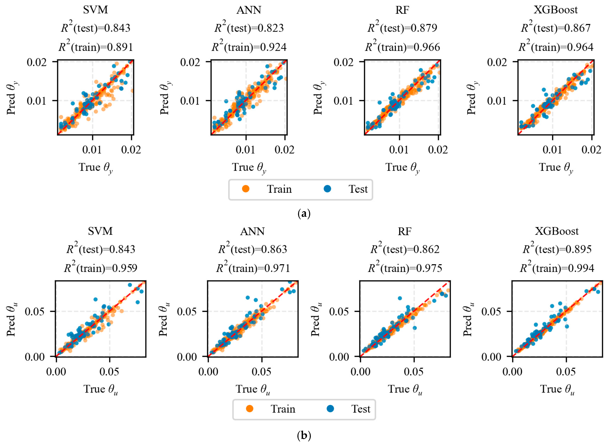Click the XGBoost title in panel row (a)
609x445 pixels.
click(x=556, y=10)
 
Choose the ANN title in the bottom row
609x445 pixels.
click(x=252, y=231)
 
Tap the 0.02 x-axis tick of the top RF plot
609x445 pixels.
click(x=438, y=150)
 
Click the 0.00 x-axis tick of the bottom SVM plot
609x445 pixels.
click(x=56, y=372)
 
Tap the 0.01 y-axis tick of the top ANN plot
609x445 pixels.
click(x=190, y=101)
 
